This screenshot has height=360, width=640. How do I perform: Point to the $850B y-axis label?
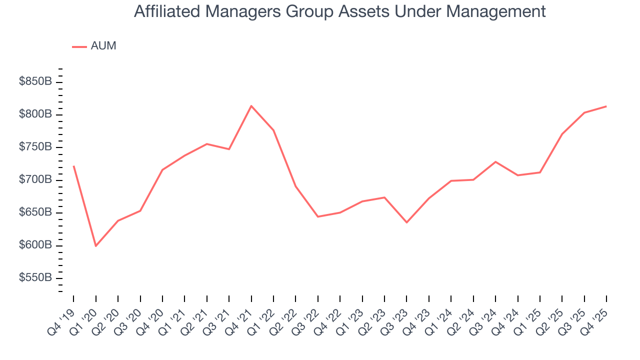coord(35,81)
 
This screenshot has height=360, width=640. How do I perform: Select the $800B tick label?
coord(35,114)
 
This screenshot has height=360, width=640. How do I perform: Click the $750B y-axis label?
coord(35,147)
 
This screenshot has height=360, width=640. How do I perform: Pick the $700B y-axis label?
coord(35,179)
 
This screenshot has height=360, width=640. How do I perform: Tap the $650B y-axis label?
coord(35,212)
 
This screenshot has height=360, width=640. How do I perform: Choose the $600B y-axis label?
coord(35,245)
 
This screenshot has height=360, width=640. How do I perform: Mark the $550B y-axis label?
coord(35,278)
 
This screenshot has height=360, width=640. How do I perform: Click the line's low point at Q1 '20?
coord(95,246)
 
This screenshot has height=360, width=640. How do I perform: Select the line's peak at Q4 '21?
coord(251,106)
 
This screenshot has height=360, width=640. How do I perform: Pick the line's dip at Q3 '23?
coord(406,222)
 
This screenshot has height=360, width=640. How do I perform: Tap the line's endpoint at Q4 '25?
coord(606,106)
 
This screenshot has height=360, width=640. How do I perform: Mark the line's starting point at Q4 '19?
coord(73,166)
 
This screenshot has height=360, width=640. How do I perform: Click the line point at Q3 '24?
coord(495,161)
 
